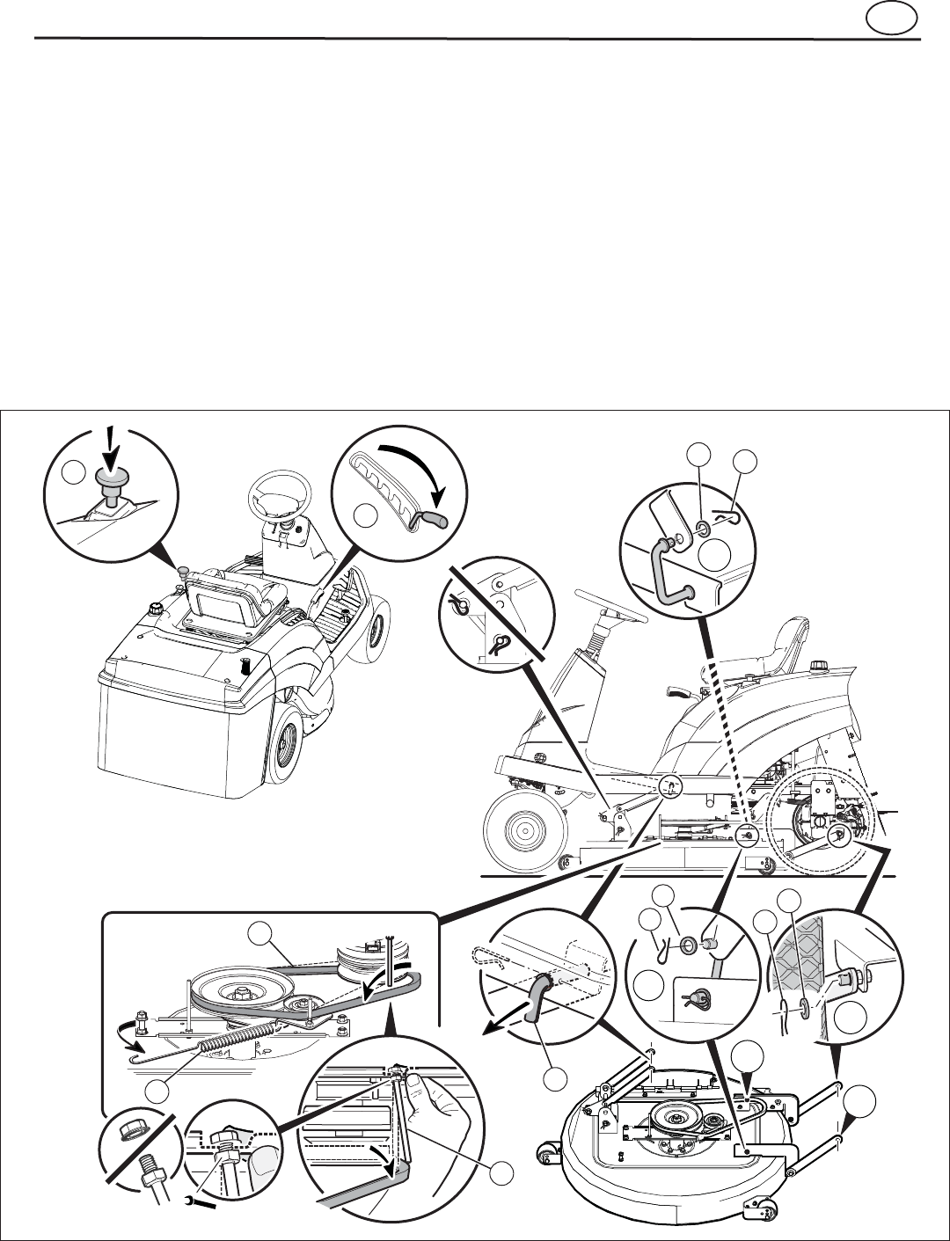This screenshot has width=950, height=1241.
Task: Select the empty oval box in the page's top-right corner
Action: coord(891,18)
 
